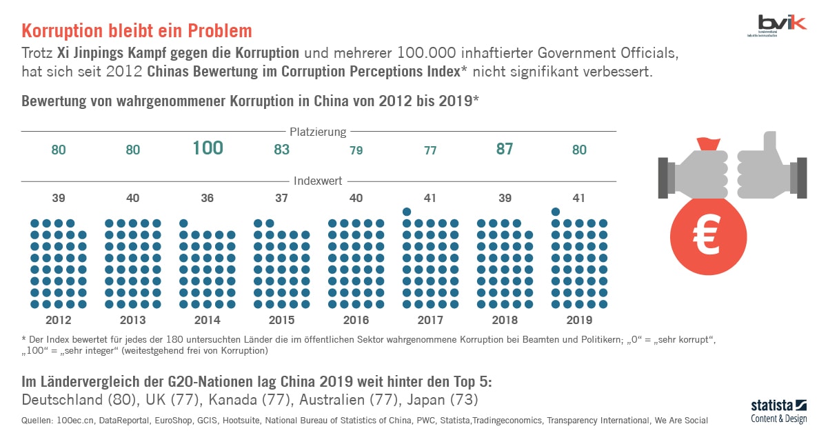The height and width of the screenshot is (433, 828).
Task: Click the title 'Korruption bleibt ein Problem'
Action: (137, 31)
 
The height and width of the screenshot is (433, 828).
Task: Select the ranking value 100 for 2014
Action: (208, 148)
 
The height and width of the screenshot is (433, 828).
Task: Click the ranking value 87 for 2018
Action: (505, 149)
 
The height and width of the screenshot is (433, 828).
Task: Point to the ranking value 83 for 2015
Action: (281, 150)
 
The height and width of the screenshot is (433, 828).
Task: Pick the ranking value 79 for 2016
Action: (356, 150)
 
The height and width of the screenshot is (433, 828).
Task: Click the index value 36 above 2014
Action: (208, 199)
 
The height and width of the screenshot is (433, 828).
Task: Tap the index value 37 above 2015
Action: (281, 199)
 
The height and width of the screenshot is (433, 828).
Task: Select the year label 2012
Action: (58, 320)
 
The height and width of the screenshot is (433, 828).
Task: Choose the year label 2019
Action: (579, 320)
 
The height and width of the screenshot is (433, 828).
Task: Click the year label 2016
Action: (356, 320)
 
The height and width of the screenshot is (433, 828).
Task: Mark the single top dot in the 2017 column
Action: (407, 212)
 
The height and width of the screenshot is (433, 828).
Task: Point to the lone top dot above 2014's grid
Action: (183, 223)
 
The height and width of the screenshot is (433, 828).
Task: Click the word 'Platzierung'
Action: (318, 132)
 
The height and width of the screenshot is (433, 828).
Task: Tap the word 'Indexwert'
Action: (319, 181)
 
